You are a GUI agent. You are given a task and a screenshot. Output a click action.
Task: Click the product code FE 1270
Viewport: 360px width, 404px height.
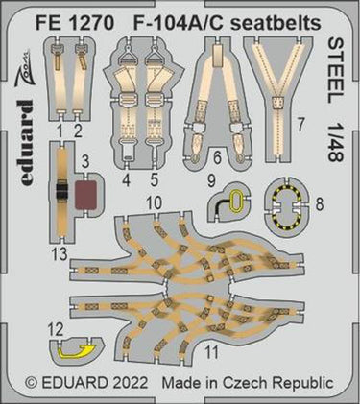point(75,24)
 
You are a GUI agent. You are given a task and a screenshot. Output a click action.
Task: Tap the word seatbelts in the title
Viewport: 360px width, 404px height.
point(276,24)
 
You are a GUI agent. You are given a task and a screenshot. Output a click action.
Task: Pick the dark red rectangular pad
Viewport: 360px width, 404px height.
point(85,195)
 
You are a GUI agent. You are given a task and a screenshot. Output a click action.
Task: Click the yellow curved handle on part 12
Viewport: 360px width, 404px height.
point(77,352)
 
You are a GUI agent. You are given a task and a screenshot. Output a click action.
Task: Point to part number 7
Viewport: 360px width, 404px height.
point(300,127)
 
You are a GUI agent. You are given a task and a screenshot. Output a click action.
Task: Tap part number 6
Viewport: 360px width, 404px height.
point(217,158)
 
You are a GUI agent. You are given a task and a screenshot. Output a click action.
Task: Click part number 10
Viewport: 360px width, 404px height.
point(154,202)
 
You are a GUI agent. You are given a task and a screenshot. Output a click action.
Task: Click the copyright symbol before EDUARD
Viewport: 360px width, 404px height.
point(31,383)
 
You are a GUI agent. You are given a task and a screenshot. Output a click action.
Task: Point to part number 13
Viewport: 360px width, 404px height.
point(60,254)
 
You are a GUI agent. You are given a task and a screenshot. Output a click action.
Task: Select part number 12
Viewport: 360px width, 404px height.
point(57,329)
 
